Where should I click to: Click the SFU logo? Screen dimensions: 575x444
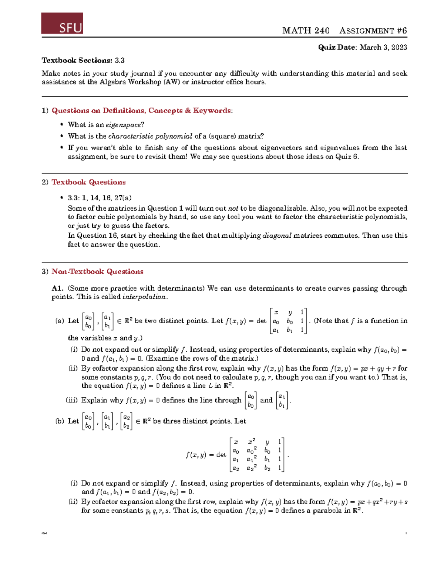(x=62, y=23)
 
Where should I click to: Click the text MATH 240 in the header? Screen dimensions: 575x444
(x=306, y=31)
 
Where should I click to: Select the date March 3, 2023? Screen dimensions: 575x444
(x=383, y=47)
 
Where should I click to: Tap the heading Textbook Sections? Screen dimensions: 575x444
(x=77, y=60)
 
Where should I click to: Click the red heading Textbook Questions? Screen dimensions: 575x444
(x=88, y=182)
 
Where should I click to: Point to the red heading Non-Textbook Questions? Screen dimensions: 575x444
(x=97, y=272)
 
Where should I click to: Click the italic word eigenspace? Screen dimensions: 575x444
(x=123, y=125)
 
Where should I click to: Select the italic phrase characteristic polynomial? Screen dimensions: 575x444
(x=150, y=136)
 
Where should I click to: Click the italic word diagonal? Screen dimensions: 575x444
(x=277, y=236)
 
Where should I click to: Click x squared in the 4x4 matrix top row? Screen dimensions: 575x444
(x=252, y=441)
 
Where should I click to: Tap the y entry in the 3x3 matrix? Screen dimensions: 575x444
(x=290, y=312)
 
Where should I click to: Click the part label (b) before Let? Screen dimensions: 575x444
(x=60, y=421)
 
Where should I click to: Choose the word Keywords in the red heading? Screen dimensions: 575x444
(x=212, y=111)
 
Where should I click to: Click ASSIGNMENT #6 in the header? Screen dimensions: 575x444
(x=373, y=31)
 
